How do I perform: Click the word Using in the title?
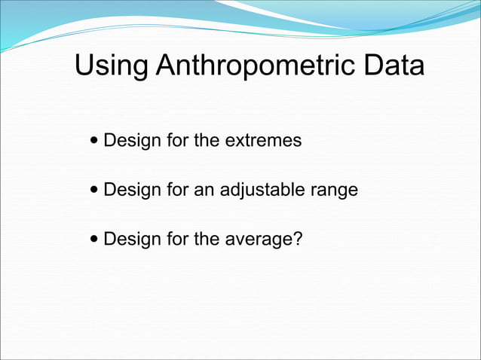[111, 66]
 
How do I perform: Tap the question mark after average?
[296, 239]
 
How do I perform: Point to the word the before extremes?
[206, 141]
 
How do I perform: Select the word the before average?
[206, 239]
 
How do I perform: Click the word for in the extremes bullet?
[174, 141]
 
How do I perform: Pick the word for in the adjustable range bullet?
[174, 191]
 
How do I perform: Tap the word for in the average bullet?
[174, 239]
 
